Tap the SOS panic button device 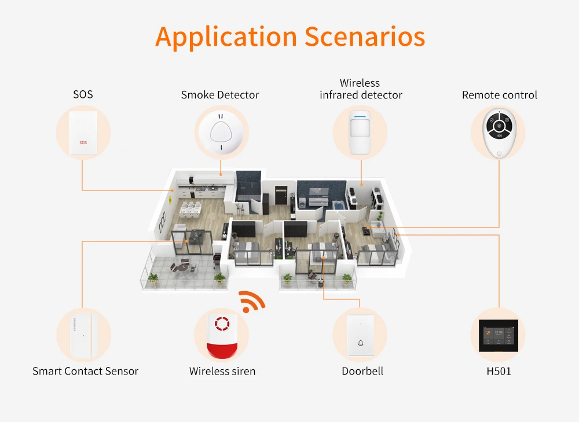83,133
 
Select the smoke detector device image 221,132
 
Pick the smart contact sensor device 83,335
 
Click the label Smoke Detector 220,95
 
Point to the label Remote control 499,95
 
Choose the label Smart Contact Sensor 85,371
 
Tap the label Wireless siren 222,371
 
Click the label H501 499,371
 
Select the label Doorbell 362,371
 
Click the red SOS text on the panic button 83,141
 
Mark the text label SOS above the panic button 83,94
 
